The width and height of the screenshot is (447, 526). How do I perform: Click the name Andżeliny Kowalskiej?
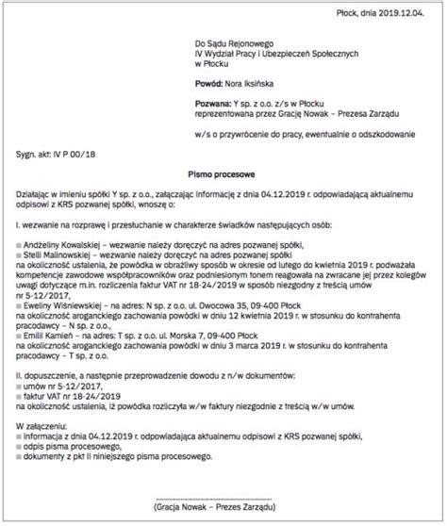[63, 242]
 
